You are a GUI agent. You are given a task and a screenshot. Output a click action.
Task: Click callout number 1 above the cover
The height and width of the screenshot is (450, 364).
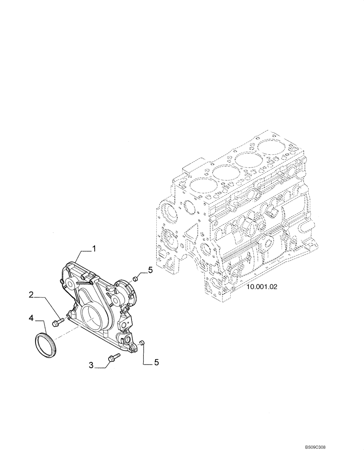[95, 248]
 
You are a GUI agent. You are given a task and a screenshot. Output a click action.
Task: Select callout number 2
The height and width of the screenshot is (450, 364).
[31, 295]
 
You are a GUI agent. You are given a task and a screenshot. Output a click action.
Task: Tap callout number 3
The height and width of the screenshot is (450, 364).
[91, 366]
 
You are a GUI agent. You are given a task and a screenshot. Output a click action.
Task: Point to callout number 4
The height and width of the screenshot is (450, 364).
[31, 318]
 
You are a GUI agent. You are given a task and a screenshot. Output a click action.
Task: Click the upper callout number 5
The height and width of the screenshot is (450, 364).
[151, 270]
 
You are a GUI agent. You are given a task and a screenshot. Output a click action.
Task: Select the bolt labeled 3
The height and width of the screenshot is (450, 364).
[112, 359]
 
